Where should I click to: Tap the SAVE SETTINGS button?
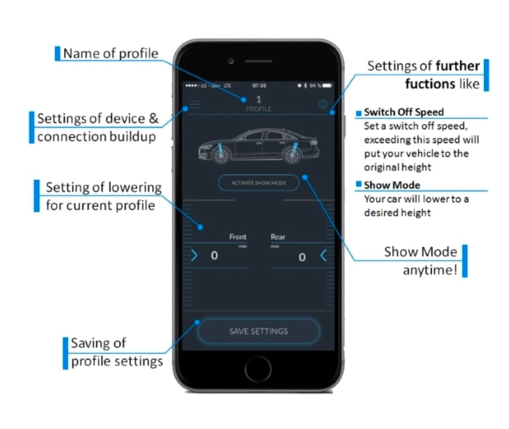pos(258,331)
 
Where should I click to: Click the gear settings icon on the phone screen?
pos(322,105)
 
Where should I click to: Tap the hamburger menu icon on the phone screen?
pos(195,104)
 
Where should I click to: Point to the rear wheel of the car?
pos(293,154)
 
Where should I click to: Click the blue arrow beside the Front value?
pos(194,256)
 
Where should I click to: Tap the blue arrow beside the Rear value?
pos(323,256)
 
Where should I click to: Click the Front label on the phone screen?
pos(238,237)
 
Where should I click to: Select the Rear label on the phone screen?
pos(278,237)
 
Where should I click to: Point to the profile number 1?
pos(259,99)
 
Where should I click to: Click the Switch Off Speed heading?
pos(404,112)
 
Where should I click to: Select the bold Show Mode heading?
pos(392,185)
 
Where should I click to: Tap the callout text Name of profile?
pos(111,53)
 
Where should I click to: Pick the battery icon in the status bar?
pos(327,85)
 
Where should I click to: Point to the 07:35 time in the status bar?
pos(259,85)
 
